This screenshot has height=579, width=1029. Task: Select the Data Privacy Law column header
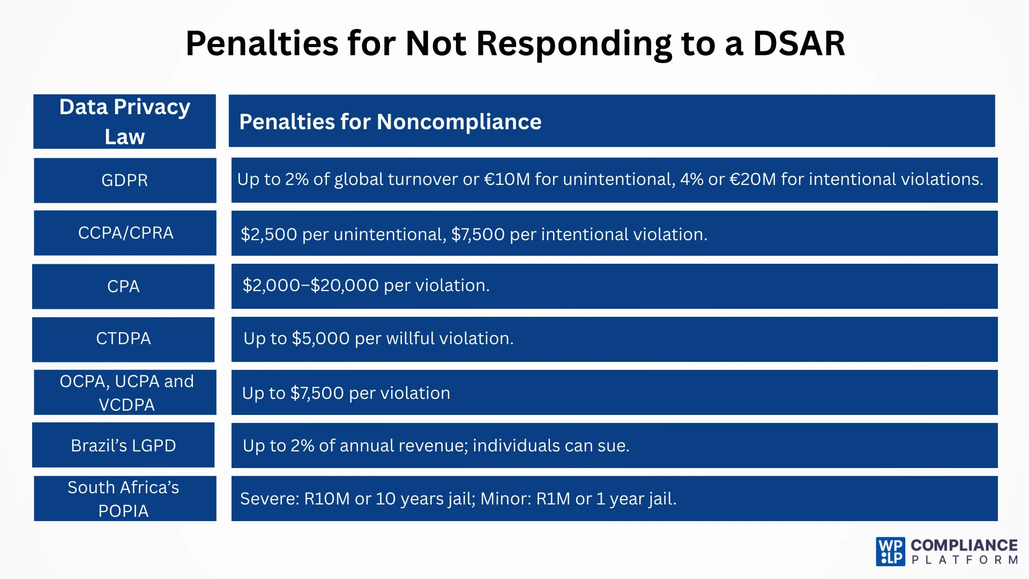[x=124, y=122]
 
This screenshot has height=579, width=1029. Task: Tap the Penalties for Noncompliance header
[x=390, y=122]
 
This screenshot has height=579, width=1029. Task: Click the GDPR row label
[x=124, y=180]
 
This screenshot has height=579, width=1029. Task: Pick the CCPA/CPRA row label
[x=125, y=233]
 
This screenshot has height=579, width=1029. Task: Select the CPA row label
[x=123, y=286]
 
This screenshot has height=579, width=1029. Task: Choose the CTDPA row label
[x=123, y=339]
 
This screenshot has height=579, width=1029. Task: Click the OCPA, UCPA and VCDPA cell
[x=126, y=392]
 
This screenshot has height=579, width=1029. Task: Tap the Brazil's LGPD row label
[x=123, y=446]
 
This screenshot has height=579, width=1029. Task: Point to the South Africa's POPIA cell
[x=124, y=499]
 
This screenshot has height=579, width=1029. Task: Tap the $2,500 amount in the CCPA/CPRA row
[x=269, y=234]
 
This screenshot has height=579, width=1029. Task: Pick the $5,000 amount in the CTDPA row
[x=320, y=338]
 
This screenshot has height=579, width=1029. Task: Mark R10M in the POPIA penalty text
[x=327, y=499]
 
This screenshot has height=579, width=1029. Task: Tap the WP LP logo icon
[x=890, y=552]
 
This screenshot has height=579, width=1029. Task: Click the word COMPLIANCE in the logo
[x=964, y=545]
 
